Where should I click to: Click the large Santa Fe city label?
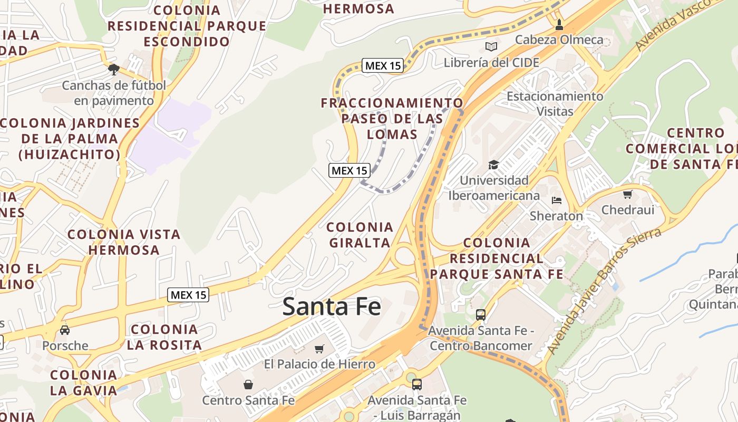(331, 306)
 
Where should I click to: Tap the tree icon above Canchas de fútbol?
(113, 69)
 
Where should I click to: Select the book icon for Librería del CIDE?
(491, 47)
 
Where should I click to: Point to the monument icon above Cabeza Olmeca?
(559, 24)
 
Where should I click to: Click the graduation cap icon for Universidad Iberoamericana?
(493, 165)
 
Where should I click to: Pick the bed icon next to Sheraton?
(557, 200)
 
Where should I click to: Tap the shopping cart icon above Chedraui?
(627, 194)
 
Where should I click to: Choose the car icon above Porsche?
(65, 330)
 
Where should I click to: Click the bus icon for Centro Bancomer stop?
(480, 315)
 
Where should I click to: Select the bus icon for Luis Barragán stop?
(416, 384)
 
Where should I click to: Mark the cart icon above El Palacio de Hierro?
(319, 349)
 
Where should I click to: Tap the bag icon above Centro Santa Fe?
(248, 385)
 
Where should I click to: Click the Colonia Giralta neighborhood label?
(360, 235)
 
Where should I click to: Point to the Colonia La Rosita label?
(164, 337)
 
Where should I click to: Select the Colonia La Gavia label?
(83, 382)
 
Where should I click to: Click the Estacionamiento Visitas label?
(555, 103)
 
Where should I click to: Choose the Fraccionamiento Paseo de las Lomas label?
(392, 118)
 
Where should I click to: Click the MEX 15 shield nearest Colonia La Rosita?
(188, 295)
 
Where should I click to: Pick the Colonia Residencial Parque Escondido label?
(187, 25)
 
